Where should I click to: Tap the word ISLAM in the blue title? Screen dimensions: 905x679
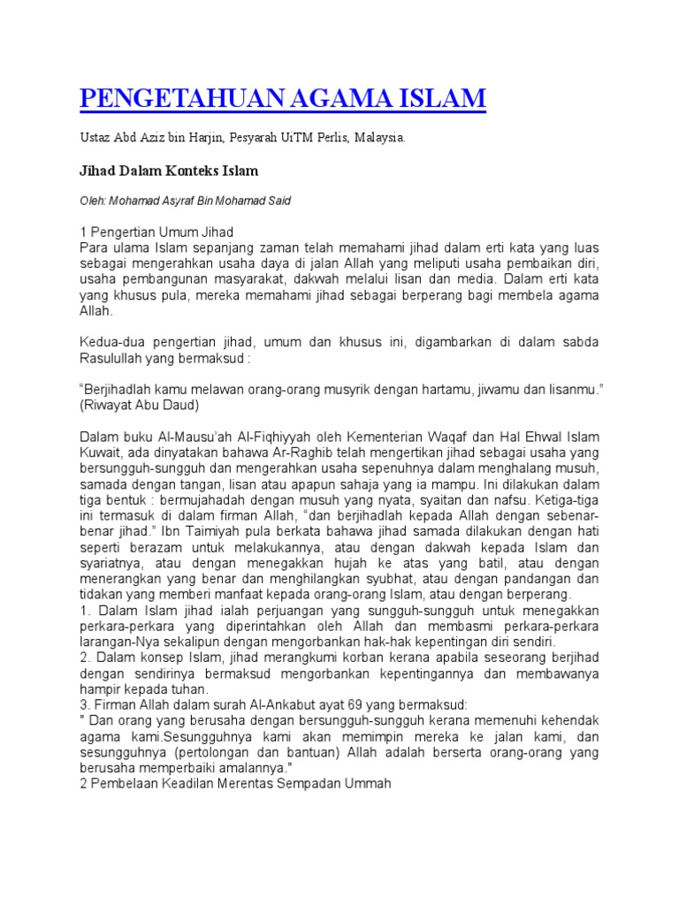[443, 98]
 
